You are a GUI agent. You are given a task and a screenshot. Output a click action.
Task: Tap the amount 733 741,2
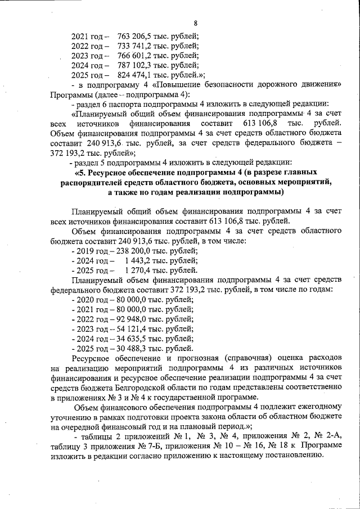[133, 46]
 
